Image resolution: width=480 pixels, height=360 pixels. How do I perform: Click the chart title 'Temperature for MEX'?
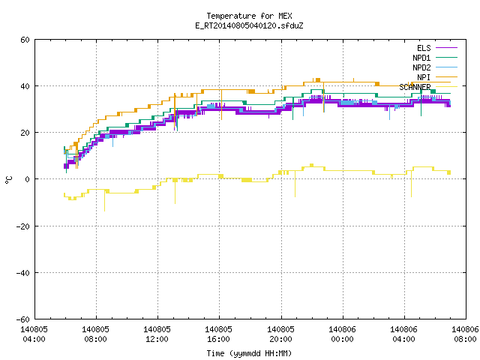click(249, 16)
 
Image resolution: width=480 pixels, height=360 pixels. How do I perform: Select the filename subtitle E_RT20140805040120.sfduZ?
click(249, 25)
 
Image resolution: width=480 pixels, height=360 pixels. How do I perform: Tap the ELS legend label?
click(424, 48)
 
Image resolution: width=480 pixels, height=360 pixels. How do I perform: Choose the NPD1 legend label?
click(421, 58)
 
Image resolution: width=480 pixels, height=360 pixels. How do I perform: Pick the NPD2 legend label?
click(421, 67)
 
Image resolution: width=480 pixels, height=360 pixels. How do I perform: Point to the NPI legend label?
click(424, 77)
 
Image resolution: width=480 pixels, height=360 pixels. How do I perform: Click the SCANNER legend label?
click(415, 87)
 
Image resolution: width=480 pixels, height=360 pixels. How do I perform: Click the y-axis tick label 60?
click(25, 40)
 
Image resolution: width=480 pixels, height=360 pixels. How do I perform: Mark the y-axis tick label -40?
click(23, 273)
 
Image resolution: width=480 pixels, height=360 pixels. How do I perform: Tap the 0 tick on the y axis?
click(28, 179)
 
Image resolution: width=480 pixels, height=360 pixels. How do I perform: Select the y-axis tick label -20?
click(23, 226)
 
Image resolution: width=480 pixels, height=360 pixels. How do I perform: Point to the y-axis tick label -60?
click(23, 319)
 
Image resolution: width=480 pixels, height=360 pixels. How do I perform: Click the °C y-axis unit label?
click(8, 180)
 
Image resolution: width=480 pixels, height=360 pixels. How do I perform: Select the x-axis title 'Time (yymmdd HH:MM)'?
click(249, 353)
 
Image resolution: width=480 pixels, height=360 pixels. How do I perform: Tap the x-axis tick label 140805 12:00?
click(157, 334)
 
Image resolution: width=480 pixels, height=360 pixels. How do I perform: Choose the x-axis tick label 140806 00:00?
click(342, 334)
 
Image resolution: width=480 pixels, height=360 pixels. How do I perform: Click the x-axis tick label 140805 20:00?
click(280, 334)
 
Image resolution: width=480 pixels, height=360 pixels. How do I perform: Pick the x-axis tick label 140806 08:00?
click(465, 334)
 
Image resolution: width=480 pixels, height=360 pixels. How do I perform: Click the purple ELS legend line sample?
click(446, 48)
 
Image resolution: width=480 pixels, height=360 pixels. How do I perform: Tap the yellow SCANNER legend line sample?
click(446, 87)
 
